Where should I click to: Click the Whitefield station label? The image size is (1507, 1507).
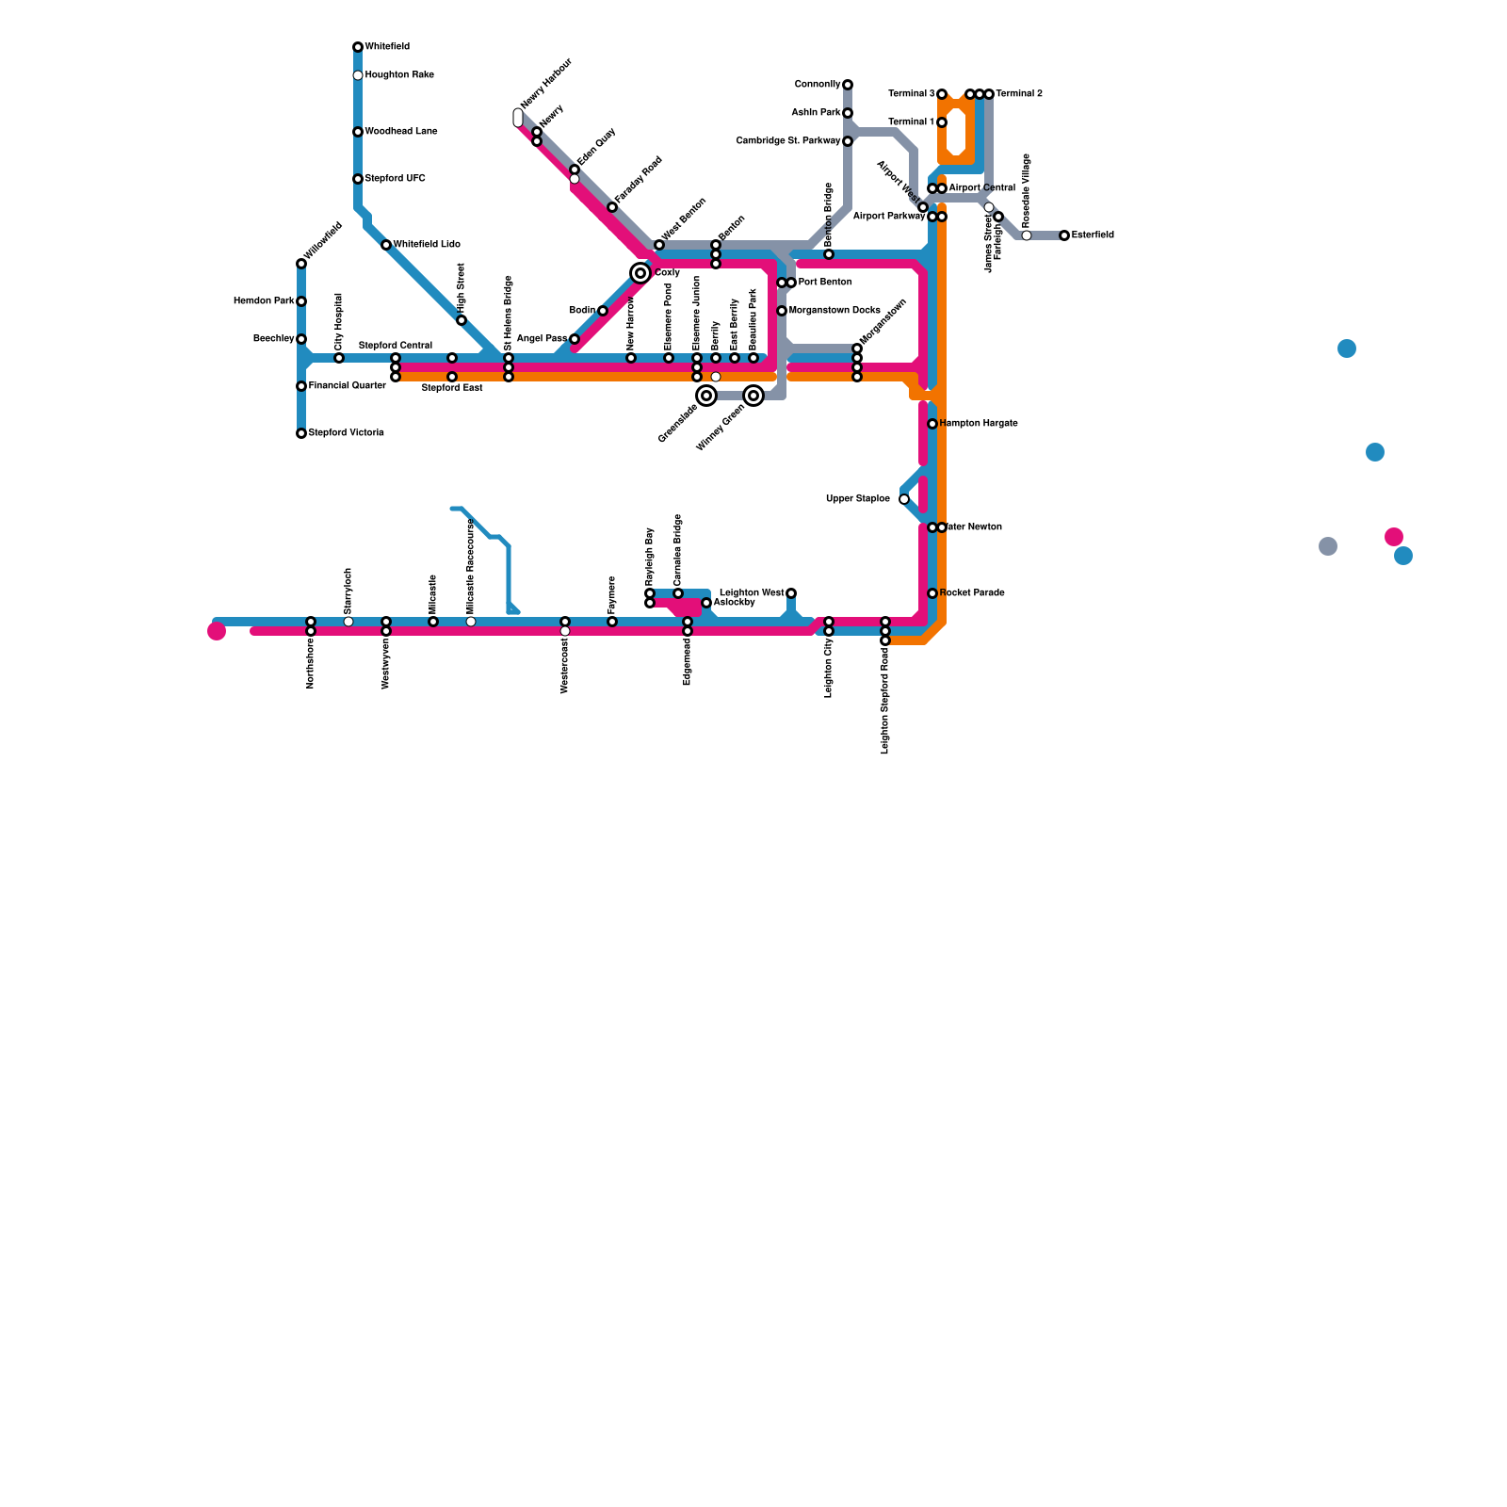387,47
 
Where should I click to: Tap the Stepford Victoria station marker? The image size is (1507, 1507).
301,433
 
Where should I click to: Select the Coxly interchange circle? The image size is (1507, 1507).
640,273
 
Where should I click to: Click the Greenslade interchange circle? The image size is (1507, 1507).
706,396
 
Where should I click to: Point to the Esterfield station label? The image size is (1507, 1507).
1093,235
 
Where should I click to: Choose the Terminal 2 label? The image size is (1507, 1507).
1019,94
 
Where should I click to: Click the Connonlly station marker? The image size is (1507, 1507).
848,85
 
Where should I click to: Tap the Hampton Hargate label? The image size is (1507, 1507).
979,424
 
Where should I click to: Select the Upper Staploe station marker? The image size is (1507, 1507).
904,499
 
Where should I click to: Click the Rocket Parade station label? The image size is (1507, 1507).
972,593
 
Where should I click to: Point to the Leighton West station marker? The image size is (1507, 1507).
791,593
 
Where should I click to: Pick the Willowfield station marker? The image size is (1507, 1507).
301,264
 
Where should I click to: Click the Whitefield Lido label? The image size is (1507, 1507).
427,245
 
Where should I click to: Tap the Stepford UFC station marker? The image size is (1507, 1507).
358,179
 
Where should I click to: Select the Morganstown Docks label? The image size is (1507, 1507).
835,311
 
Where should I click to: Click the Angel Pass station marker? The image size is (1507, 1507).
575,339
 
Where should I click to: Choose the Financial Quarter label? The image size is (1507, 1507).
348,386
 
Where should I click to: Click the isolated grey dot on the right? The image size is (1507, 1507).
1328,546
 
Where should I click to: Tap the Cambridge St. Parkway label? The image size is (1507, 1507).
788,141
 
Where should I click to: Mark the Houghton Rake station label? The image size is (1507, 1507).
399,75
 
